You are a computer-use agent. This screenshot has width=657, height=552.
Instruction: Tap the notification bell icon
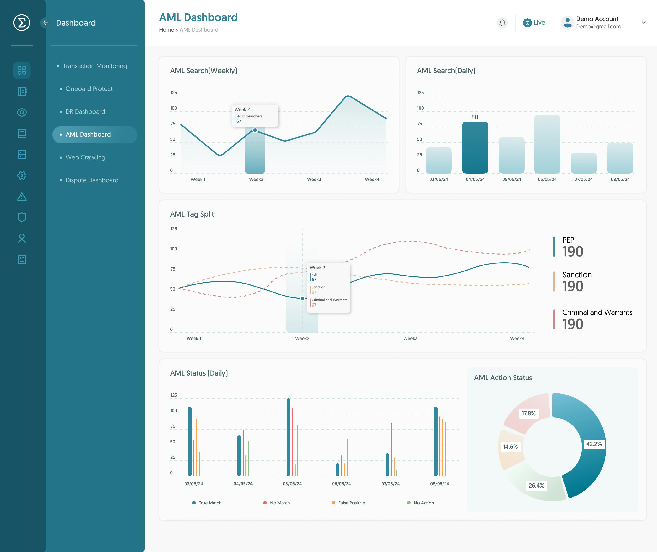point(502,23)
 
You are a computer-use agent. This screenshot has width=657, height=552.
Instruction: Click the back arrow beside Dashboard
point(46,23)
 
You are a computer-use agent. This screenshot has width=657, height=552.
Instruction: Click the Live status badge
point(534,23)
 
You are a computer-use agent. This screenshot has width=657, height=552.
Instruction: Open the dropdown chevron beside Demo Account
point(644,23)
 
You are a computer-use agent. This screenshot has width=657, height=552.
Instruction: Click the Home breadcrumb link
point(167,30)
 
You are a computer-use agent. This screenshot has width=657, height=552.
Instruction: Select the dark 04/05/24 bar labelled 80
point(475,147)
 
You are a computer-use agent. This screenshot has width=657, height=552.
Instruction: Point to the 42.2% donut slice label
point(594,444)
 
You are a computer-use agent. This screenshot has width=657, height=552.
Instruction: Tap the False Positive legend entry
point(351,503)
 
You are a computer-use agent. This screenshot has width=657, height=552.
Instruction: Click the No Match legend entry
point(279,503)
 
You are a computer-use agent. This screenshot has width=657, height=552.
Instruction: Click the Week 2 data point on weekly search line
point(255,130)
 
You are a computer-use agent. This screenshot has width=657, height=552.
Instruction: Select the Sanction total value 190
point(573,286)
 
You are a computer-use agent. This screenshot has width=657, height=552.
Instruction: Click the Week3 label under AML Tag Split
point(410,339)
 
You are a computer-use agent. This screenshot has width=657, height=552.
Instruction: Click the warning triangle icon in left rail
point(22,197)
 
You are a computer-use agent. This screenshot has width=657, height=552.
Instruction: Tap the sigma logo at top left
point(22,23)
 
